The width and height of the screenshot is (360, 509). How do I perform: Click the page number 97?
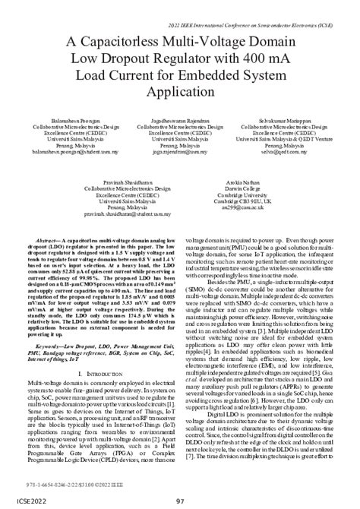click(x=179, y=501)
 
